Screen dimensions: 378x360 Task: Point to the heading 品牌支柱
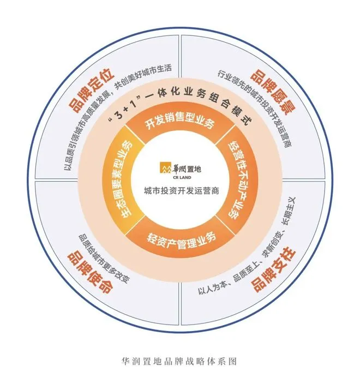click(x=271, y=271)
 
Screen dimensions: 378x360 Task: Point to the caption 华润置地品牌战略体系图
click(x=179, y=361)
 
